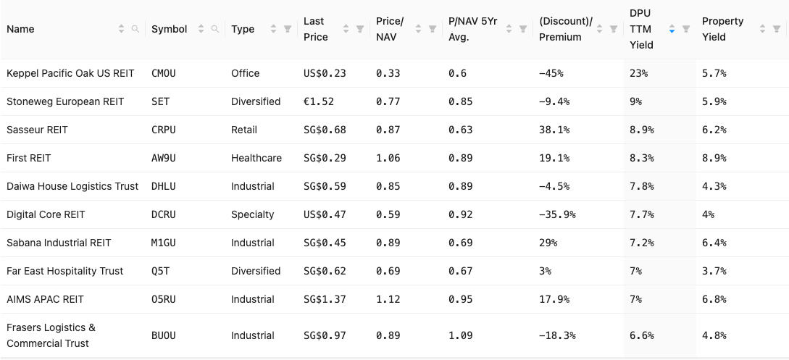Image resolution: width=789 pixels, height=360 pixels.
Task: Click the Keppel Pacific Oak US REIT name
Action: [x=70, y=73]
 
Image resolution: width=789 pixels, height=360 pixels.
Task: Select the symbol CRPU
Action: [x=164, y=130]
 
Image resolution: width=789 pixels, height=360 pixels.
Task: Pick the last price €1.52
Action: [x=319, y=101]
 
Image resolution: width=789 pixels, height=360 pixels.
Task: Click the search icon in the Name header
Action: [x=135, y=29]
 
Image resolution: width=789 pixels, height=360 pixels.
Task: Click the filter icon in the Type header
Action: [x=288, y=29]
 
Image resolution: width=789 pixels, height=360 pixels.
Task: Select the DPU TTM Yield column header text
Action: [x=642, y=29]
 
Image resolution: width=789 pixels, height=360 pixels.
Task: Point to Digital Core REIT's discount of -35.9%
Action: [x=558, y=214]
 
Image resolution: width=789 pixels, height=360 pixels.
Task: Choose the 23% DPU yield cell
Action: [x=638, y=73]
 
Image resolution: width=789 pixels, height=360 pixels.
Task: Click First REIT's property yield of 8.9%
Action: [x=714, y=158]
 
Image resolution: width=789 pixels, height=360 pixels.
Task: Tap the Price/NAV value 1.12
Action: [x=388, y=299]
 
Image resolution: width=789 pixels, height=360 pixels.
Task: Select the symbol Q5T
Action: [x=161, y=271]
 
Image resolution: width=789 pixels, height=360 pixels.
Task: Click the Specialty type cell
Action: [x=253, y=214]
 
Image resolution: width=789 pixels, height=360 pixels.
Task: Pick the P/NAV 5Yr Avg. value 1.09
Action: [x=461, y=335]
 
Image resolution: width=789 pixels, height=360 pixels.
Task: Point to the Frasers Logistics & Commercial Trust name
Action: [x=51, y=335]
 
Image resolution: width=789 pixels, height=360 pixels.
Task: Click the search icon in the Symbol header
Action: [x=214, y=29]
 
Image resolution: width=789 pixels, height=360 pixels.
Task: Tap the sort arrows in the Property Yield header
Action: [x=763, y=29]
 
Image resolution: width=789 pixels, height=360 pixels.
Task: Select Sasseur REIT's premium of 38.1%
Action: [x=554, y=130]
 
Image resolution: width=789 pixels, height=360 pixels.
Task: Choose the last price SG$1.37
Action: [x=325, y=299]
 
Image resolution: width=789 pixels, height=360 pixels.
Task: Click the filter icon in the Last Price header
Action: [x=360, y=29]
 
